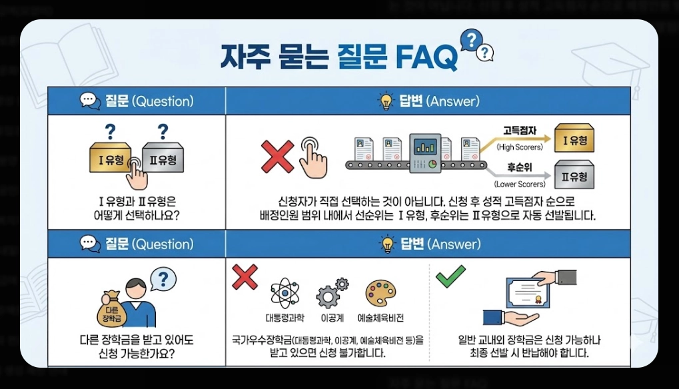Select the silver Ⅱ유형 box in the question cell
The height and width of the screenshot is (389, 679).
point(162,159)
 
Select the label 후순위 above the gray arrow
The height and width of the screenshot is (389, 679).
point(518,169)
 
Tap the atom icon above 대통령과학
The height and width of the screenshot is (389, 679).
point(285,293)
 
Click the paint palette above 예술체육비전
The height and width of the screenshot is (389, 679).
point(380,293)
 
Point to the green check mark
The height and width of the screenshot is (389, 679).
point(450,275)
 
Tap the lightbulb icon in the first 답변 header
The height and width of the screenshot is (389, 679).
point(386,101)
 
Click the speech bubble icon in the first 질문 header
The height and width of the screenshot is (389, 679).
point(89,101)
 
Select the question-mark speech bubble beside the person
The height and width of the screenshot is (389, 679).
point(163,279)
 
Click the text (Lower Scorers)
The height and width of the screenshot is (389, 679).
point(519,184)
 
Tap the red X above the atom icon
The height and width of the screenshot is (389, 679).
point(245,276)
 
